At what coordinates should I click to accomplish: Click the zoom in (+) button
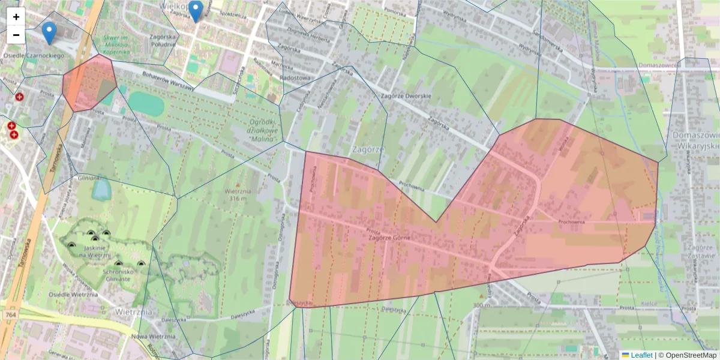(16, 17)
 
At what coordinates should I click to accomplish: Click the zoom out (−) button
(16, 35)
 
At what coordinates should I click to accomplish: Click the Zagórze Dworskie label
(406, 96)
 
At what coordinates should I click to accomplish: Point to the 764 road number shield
(10, 314)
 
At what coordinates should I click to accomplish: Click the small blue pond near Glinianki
(101, 190)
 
